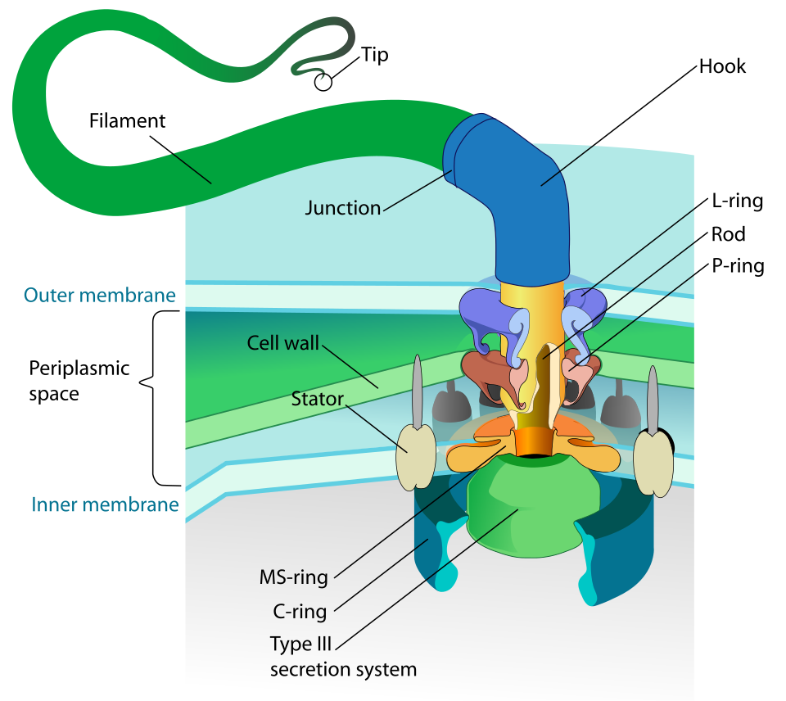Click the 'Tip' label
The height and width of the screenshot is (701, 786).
374,55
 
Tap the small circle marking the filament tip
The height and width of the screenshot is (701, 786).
323,82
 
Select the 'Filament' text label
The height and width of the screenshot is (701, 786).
127,121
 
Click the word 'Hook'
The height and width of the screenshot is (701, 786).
722,66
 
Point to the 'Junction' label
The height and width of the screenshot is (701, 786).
343,208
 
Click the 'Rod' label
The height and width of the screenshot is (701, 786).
728,234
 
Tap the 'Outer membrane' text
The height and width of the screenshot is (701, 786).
101,295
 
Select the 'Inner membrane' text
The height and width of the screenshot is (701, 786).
105,504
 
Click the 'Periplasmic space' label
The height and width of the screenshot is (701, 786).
79,381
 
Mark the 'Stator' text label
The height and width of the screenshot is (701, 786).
317,400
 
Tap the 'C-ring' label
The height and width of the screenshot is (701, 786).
300,611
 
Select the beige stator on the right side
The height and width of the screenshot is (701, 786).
653,462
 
